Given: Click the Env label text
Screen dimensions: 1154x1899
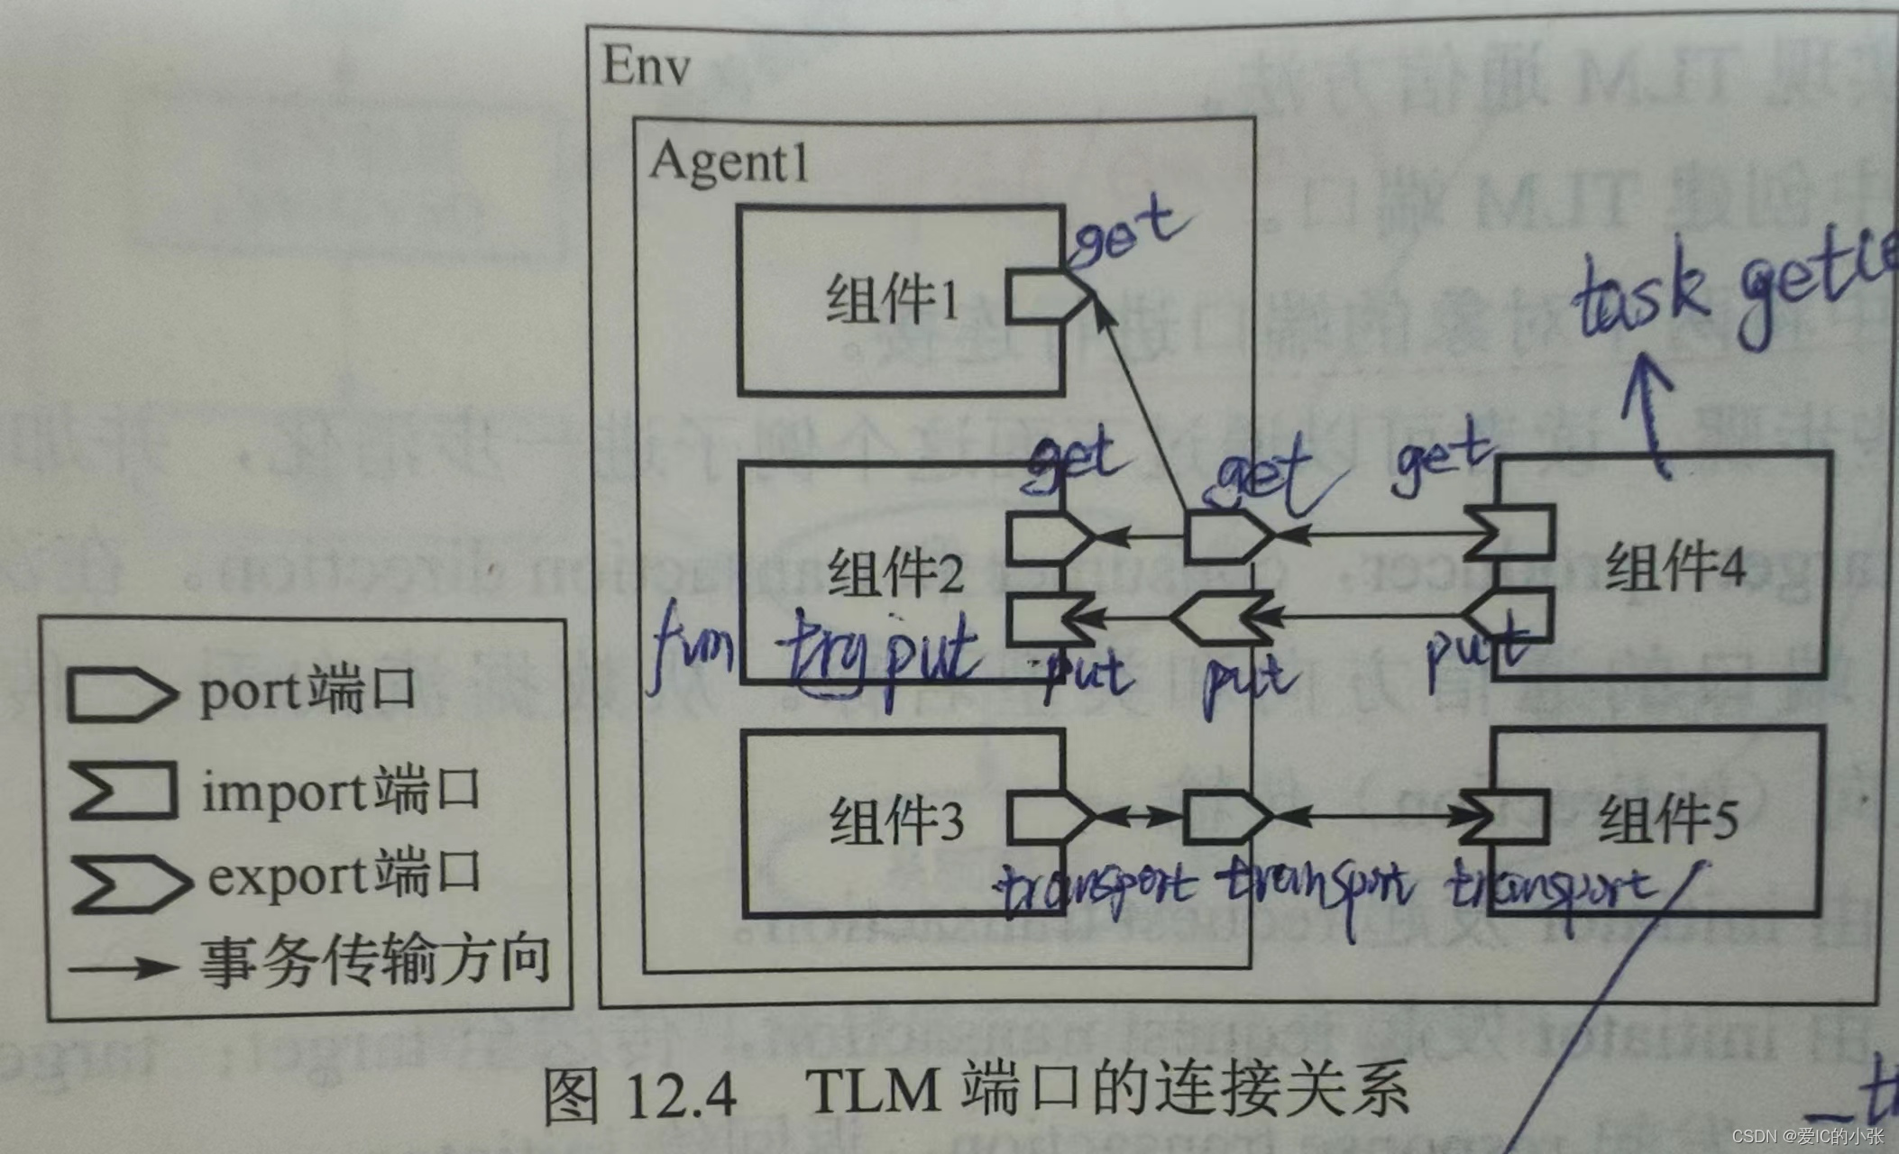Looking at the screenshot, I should click(646, 65).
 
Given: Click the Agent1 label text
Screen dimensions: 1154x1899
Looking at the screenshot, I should click(729, 162).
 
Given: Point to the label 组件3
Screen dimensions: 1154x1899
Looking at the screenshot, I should click(896, 821).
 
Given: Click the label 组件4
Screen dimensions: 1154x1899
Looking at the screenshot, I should click(1675, 567).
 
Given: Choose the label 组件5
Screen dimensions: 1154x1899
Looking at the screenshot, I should click(1667, 820).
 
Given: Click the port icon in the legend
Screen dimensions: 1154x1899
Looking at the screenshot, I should click(118, 695).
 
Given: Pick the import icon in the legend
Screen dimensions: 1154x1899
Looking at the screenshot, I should click(123, 791).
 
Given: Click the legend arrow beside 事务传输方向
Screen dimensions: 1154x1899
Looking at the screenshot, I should click(123, 968).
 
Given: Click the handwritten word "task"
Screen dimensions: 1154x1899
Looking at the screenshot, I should click(1639, 298).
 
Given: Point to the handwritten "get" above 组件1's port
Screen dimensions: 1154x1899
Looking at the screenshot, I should click(1129, 234).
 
